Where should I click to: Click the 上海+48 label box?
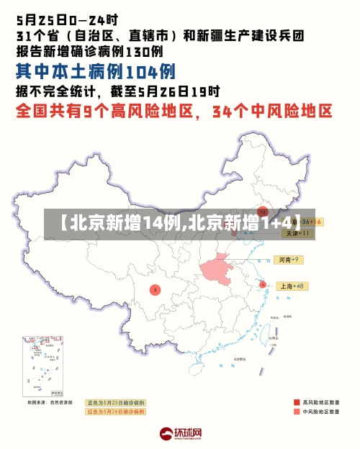click(x=292, y=286)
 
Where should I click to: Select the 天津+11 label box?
click(x=297, y=233)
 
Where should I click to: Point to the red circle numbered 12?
click(x=263, y=212)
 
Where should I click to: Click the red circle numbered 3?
click(x=154, y=290)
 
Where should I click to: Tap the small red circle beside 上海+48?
click(x=263, y=284)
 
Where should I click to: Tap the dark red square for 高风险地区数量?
click(x=297, y=402)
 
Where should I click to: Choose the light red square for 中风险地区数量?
click(x=297, y=412)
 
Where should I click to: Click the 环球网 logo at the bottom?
click(x=180, y=433)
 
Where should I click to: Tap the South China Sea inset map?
click(x=43, y=368)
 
